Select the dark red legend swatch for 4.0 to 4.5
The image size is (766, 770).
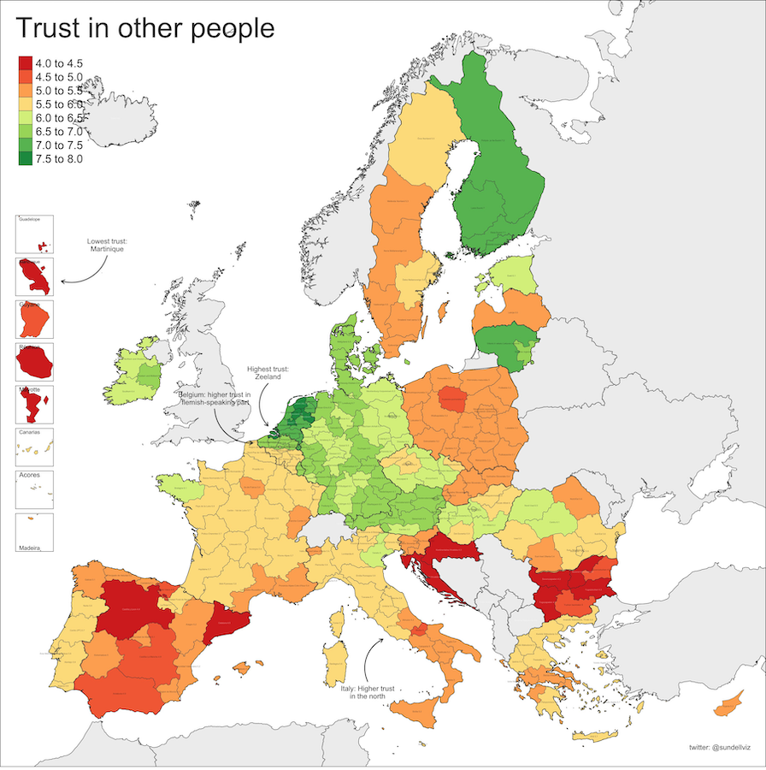[x=26, y=63]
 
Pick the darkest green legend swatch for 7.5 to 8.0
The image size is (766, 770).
[x=26, y=159]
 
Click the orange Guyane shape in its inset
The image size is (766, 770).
[x=35, y=320]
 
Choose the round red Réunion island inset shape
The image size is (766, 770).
[x=35, y=364]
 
